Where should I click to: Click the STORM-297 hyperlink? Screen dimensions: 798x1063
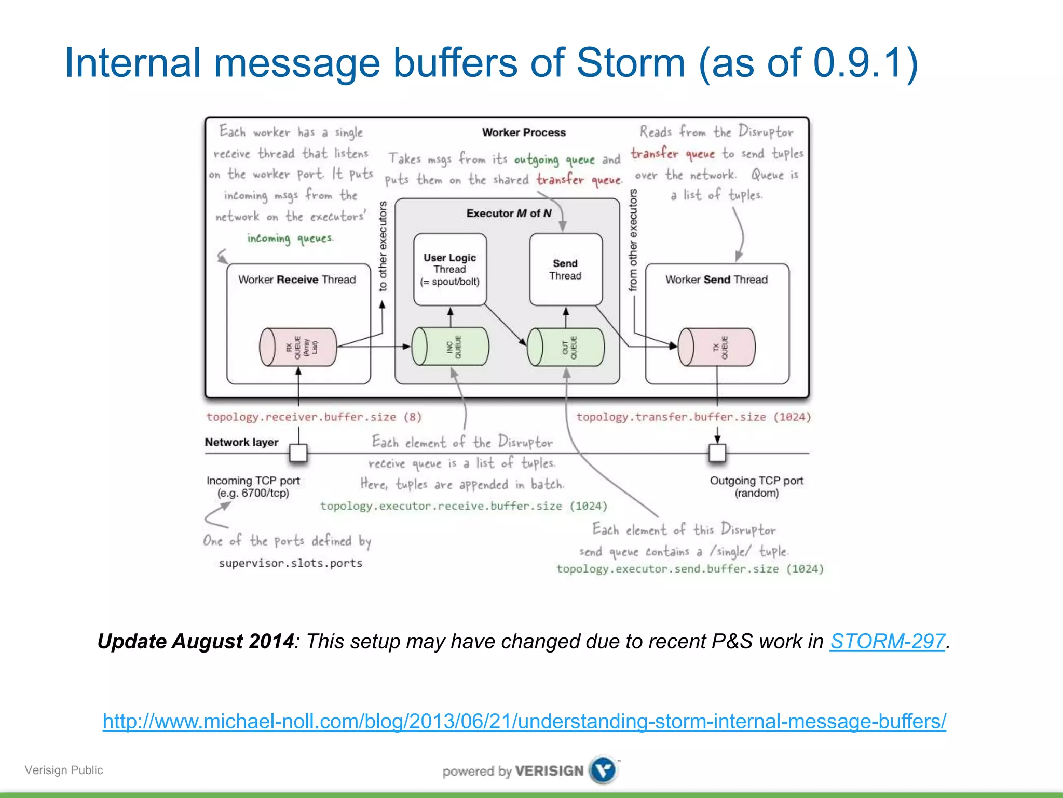pos(887,641)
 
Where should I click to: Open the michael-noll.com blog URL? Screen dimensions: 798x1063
pos(524,721)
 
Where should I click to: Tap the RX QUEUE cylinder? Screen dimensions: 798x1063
pos(298,347)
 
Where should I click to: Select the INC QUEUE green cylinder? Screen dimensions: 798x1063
pos(450,347)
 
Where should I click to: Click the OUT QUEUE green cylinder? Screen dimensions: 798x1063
pos(566,347)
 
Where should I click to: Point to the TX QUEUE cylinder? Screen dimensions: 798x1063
pos(717,347)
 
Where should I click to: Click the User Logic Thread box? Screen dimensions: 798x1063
pos(449,269)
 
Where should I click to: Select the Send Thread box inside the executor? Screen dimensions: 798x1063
pos(565,269)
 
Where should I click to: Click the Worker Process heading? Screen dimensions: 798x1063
pos(524,132)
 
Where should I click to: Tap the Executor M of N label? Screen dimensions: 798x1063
pos(509,214)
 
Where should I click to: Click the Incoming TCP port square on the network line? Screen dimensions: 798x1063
pos(298,453)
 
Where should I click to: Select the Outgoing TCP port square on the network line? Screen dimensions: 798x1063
pos(717,453)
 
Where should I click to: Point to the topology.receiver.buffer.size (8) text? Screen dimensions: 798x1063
pos(314,417)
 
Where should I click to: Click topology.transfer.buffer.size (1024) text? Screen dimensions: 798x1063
pos(693,417)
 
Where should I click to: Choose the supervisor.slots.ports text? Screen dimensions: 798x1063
pos(290,563)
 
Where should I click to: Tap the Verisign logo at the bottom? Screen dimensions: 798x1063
pos(604,770)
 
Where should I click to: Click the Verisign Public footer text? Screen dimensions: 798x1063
pos(63,770)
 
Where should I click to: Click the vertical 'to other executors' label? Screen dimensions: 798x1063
pos(383,246)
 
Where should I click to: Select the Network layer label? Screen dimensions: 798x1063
pos(241,442)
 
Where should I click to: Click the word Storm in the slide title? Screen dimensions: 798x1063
pos(631,63)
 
